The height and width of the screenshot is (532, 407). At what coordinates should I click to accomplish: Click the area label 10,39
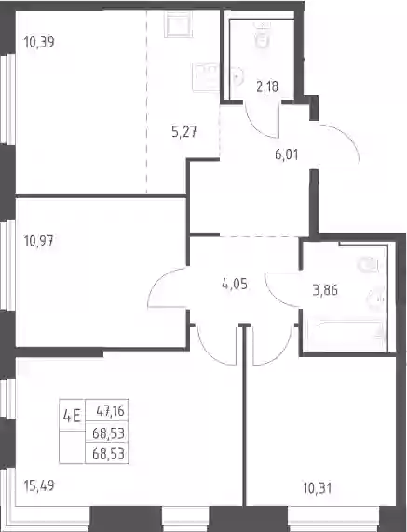(39, 43)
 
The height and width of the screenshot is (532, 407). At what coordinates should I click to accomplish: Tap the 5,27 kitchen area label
(184, 131)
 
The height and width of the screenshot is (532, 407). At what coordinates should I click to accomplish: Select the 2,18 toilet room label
(267, 86)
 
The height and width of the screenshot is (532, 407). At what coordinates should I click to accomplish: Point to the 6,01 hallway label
(287, 154)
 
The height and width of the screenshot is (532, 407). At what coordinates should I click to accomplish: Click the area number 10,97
(39, 241)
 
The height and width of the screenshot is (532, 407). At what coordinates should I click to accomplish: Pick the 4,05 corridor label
(235, 284)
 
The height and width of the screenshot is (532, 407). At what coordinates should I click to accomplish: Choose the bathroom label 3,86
(325, 290)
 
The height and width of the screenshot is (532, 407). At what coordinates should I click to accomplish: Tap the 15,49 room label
(39, 485)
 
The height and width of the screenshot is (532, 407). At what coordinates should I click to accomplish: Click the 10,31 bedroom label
(317, 489)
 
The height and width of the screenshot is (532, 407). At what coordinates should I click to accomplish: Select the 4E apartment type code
(72, 416)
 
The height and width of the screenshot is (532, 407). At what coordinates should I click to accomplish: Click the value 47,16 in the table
(111, 411)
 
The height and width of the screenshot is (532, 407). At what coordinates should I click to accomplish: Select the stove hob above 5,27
(179, 25)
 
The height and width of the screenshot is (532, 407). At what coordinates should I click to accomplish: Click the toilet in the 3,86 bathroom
(368, 265)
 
